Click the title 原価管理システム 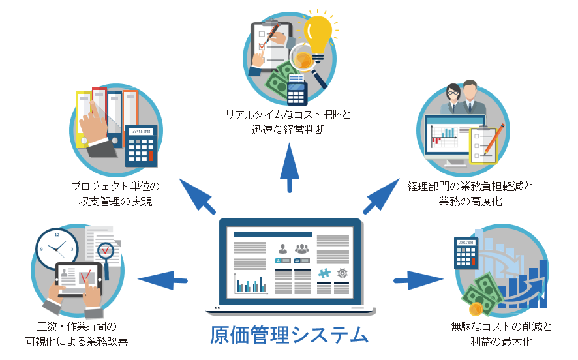289,335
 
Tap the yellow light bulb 320,33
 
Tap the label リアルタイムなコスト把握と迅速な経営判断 288,123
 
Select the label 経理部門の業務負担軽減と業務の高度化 470,194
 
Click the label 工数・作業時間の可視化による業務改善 76,333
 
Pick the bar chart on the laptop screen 252,284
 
